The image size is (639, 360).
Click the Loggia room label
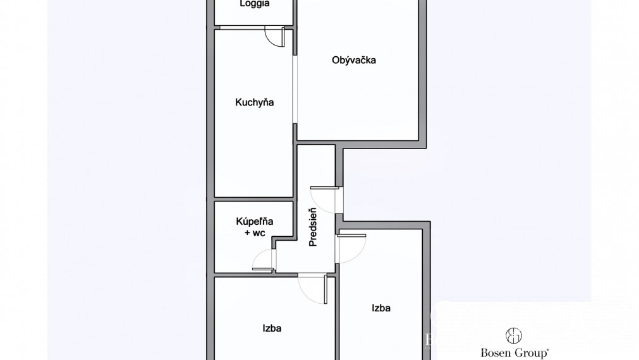tap(255, 4)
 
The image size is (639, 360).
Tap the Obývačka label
tap(354, 61)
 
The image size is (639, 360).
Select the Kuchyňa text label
tap(254, 102)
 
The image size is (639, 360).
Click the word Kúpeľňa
tap(254, 222)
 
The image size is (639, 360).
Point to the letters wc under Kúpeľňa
tap(259, 232)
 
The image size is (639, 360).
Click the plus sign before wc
tap(247, 232)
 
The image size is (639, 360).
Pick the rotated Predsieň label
tap(312, 228)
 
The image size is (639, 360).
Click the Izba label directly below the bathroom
tap(272, 328)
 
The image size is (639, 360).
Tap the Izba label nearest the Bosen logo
tap(380, 308)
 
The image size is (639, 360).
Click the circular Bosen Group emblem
tap(513, 335)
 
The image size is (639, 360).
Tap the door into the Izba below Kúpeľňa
tap(313, 287)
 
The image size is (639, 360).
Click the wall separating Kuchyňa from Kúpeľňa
tap(253, 199)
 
